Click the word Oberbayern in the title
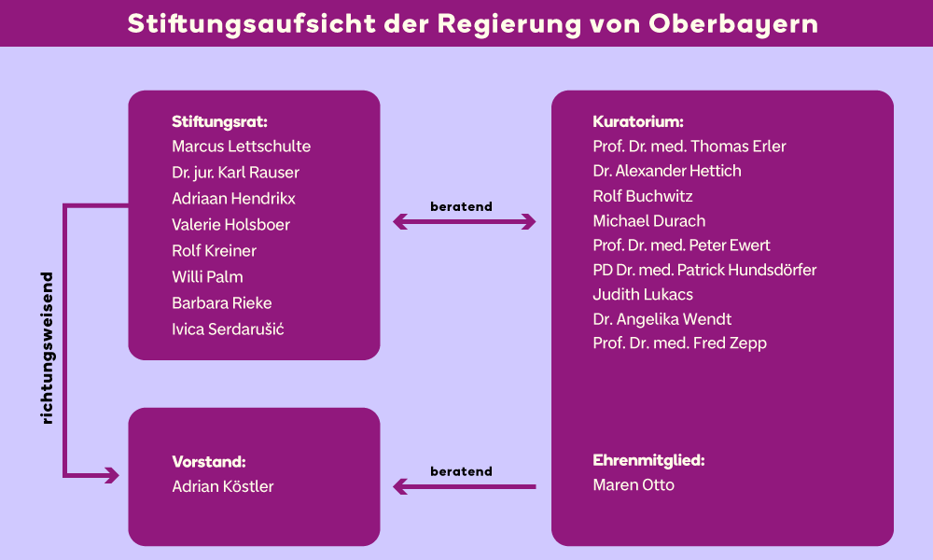click(x=733, y=24)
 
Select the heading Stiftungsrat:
click(x=219, y=121)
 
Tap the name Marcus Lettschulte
click(x=241, y=147)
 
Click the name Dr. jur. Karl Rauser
click(x=236, y=173)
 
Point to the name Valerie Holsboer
click(x=230, y=224)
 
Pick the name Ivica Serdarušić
click(x=228, y=329)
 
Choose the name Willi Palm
click(x=207, y=276)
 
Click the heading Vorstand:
click(x=209, y=462)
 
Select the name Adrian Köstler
click(x=223, y=486)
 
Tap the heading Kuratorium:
click(x=638, y=121)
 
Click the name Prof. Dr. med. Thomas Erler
click(x=689, y=147)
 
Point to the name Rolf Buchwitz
click(x=643, y=196)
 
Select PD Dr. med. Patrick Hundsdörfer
click(x=704, y=270)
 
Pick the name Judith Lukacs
click(x=643, y=295)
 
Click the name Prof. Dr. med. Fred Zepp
click(x=679, y=343)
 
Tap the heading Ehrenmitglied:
click(x=648, y=460)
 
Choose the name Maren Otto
click(x=634, y=485)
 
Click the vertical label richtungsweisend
click(x=47, y=348)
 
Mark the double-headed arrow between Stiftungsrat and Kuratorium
click(x=464, y=222)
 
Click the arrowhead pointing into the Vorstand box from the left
click(x=112, y=475)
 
